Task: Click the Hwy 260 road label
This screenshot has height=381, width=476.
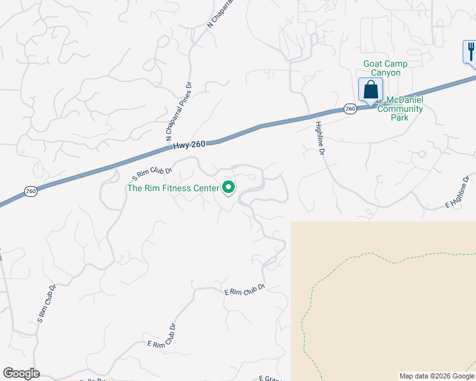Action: pos(188,145)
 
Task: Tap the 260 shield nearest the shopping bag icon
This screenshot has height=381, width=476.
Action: pos(350,109)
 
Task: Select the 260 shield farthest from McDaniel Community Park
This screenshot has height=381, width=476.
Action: pos(31,190)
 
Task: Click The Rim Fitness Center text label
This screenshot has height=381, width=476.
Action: pos(172,188)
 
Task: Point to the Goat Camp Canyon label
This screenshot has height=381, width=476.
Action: pos(385,68)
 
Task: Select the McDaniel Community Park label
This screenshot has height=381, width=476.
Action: pos(400,109)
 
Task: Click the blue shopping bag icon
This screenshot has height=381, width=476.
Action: pos(370,91)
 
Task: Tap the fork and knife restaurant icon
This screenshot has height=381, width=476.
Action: pos(470,51)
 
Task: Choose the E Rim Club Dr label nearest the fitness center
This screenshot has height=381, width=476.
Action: pos(244,290)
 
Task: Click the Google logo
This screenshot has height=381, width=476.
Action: pos(21,373)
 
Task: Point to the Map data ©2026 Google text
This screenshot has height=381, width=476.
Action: pos(437,376)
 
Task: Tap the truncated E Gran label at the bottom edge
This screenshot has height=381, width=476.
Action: pos(270,378)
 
